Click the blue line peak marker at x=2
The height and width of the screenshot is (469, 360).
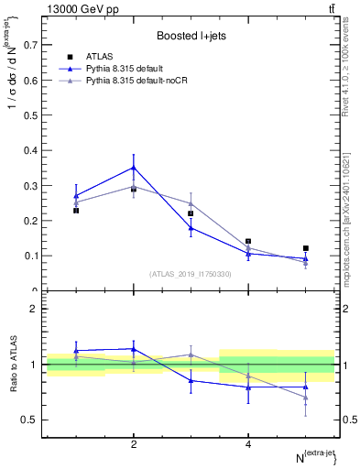tap(134, 168)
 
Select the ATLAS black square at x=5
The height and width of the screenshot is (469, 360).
tap(306, 248)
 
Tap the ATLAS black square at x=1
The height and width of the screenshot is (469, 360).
tap(76, 211)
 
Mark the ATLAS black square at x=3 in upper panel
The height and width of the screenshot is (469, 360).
tap(191, 213)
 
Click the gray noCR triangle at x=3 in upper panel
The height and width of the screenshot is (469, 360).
tap(191, 203)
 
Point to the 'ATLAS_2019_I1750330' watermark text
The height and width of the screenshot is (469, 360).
tap(190, 274)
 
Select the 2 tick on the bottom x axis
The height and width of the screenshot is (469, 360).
tap(134, 444)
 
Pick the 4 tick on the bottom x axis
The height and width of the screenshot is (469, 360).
tap(248, 444)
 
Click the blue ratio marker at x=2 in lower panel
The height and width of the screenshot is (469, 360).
tap(134, 349)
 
